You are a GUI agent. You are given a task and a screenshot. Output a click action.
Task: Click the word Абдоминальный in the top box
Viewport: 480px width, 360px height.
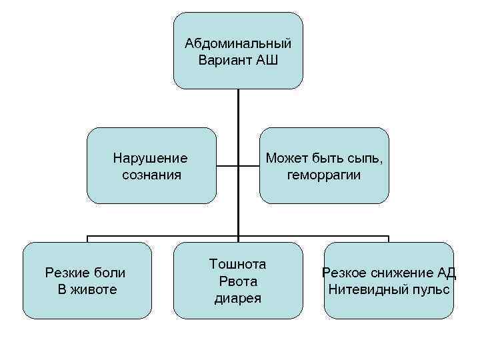(x=238, y=44)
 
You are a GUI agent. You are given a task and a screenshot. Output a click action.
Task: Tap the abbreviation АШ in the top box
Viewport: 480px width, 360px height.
(x=265, y=60)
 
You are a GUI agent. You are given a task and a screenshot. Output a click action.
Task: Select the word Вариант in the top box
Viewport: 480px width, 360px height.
(x=225, y=60)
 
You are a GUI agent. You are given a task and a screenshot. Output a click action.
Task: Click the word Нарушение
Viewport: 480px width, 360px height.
(x=151, y=159)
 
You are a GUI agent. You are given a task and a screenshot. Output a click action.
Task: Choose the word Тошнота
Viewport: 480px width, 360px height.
(x=238, y=265)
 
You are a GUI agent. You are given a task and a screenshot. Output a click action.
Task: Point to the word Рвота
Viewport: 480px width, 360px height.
(x=238, y=281)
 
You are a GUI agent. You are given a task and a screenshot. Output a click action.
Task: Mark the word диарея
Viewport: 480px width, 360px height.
(x=238, y=298)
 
